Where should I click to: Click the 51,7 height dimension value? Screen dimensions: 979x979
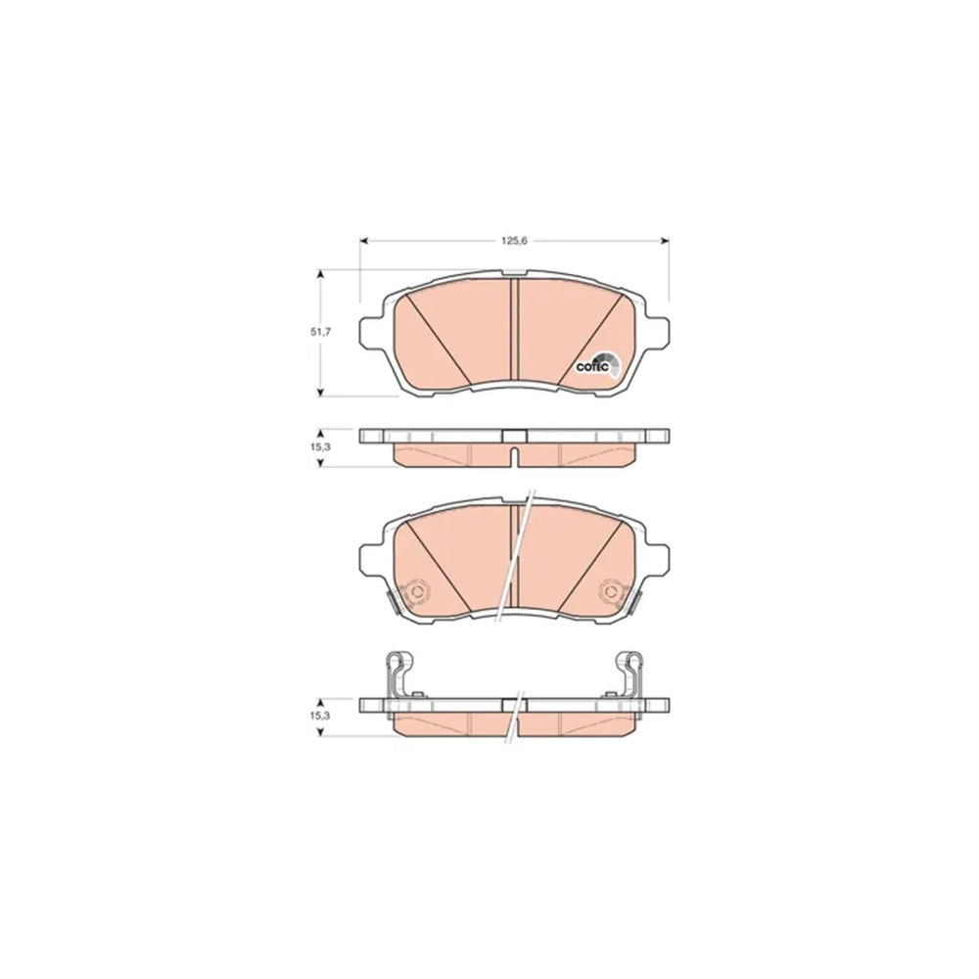[x=320, y=332]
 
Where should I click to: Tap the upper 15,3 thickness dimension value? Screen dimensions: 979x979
[x=320, y=447]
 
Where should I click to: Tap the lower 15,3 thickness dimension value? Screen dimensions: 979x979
[x=320, y=716]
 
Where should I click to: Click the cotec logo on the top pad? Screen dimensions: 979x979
[x=597, y=365]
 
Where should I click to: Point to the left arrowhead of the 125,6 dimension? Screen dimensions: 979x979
[x=364, y=241]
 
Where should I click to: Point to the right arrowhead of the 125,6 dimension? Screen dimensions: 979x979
[x=665, y=241]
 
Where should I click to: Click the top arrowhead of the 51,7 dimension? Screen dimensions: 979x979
[x=320, y=274]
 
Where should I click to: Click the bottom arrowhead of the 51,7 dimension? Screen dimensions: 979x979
[x=320, y=392]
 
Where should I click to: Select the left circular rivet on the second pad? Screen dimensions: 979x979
[x=415, y=591]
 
